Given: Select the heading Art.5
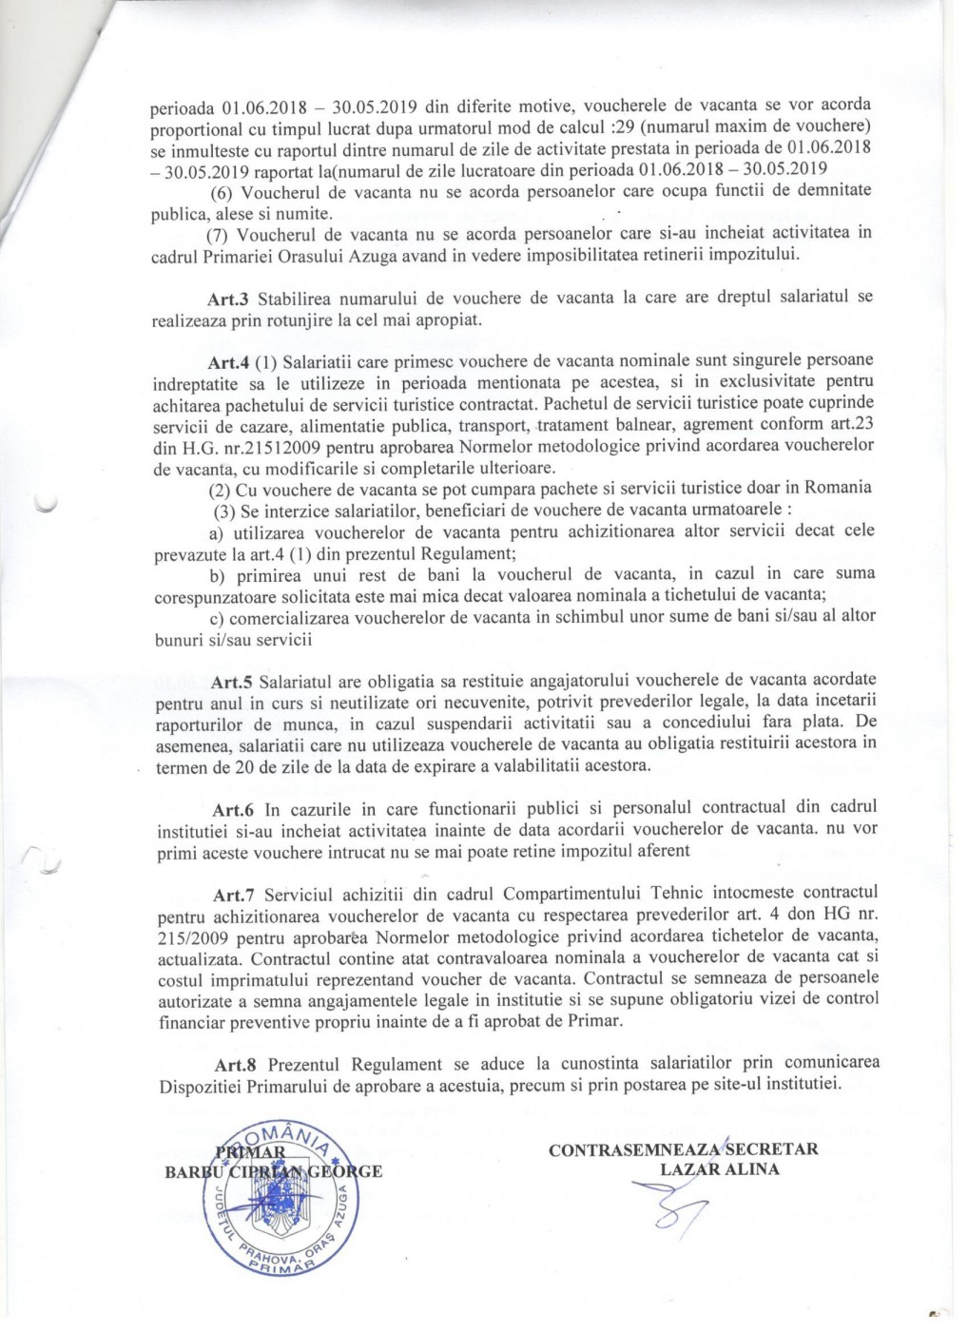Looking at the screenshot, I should [230, 683].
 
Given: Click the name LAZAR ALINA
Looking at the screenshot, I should [720, 1168].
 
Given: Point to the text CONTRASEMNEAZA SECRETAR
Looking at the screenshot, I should [683, 1149].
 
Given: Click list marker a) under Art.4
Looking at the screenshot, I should [215, 531].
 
